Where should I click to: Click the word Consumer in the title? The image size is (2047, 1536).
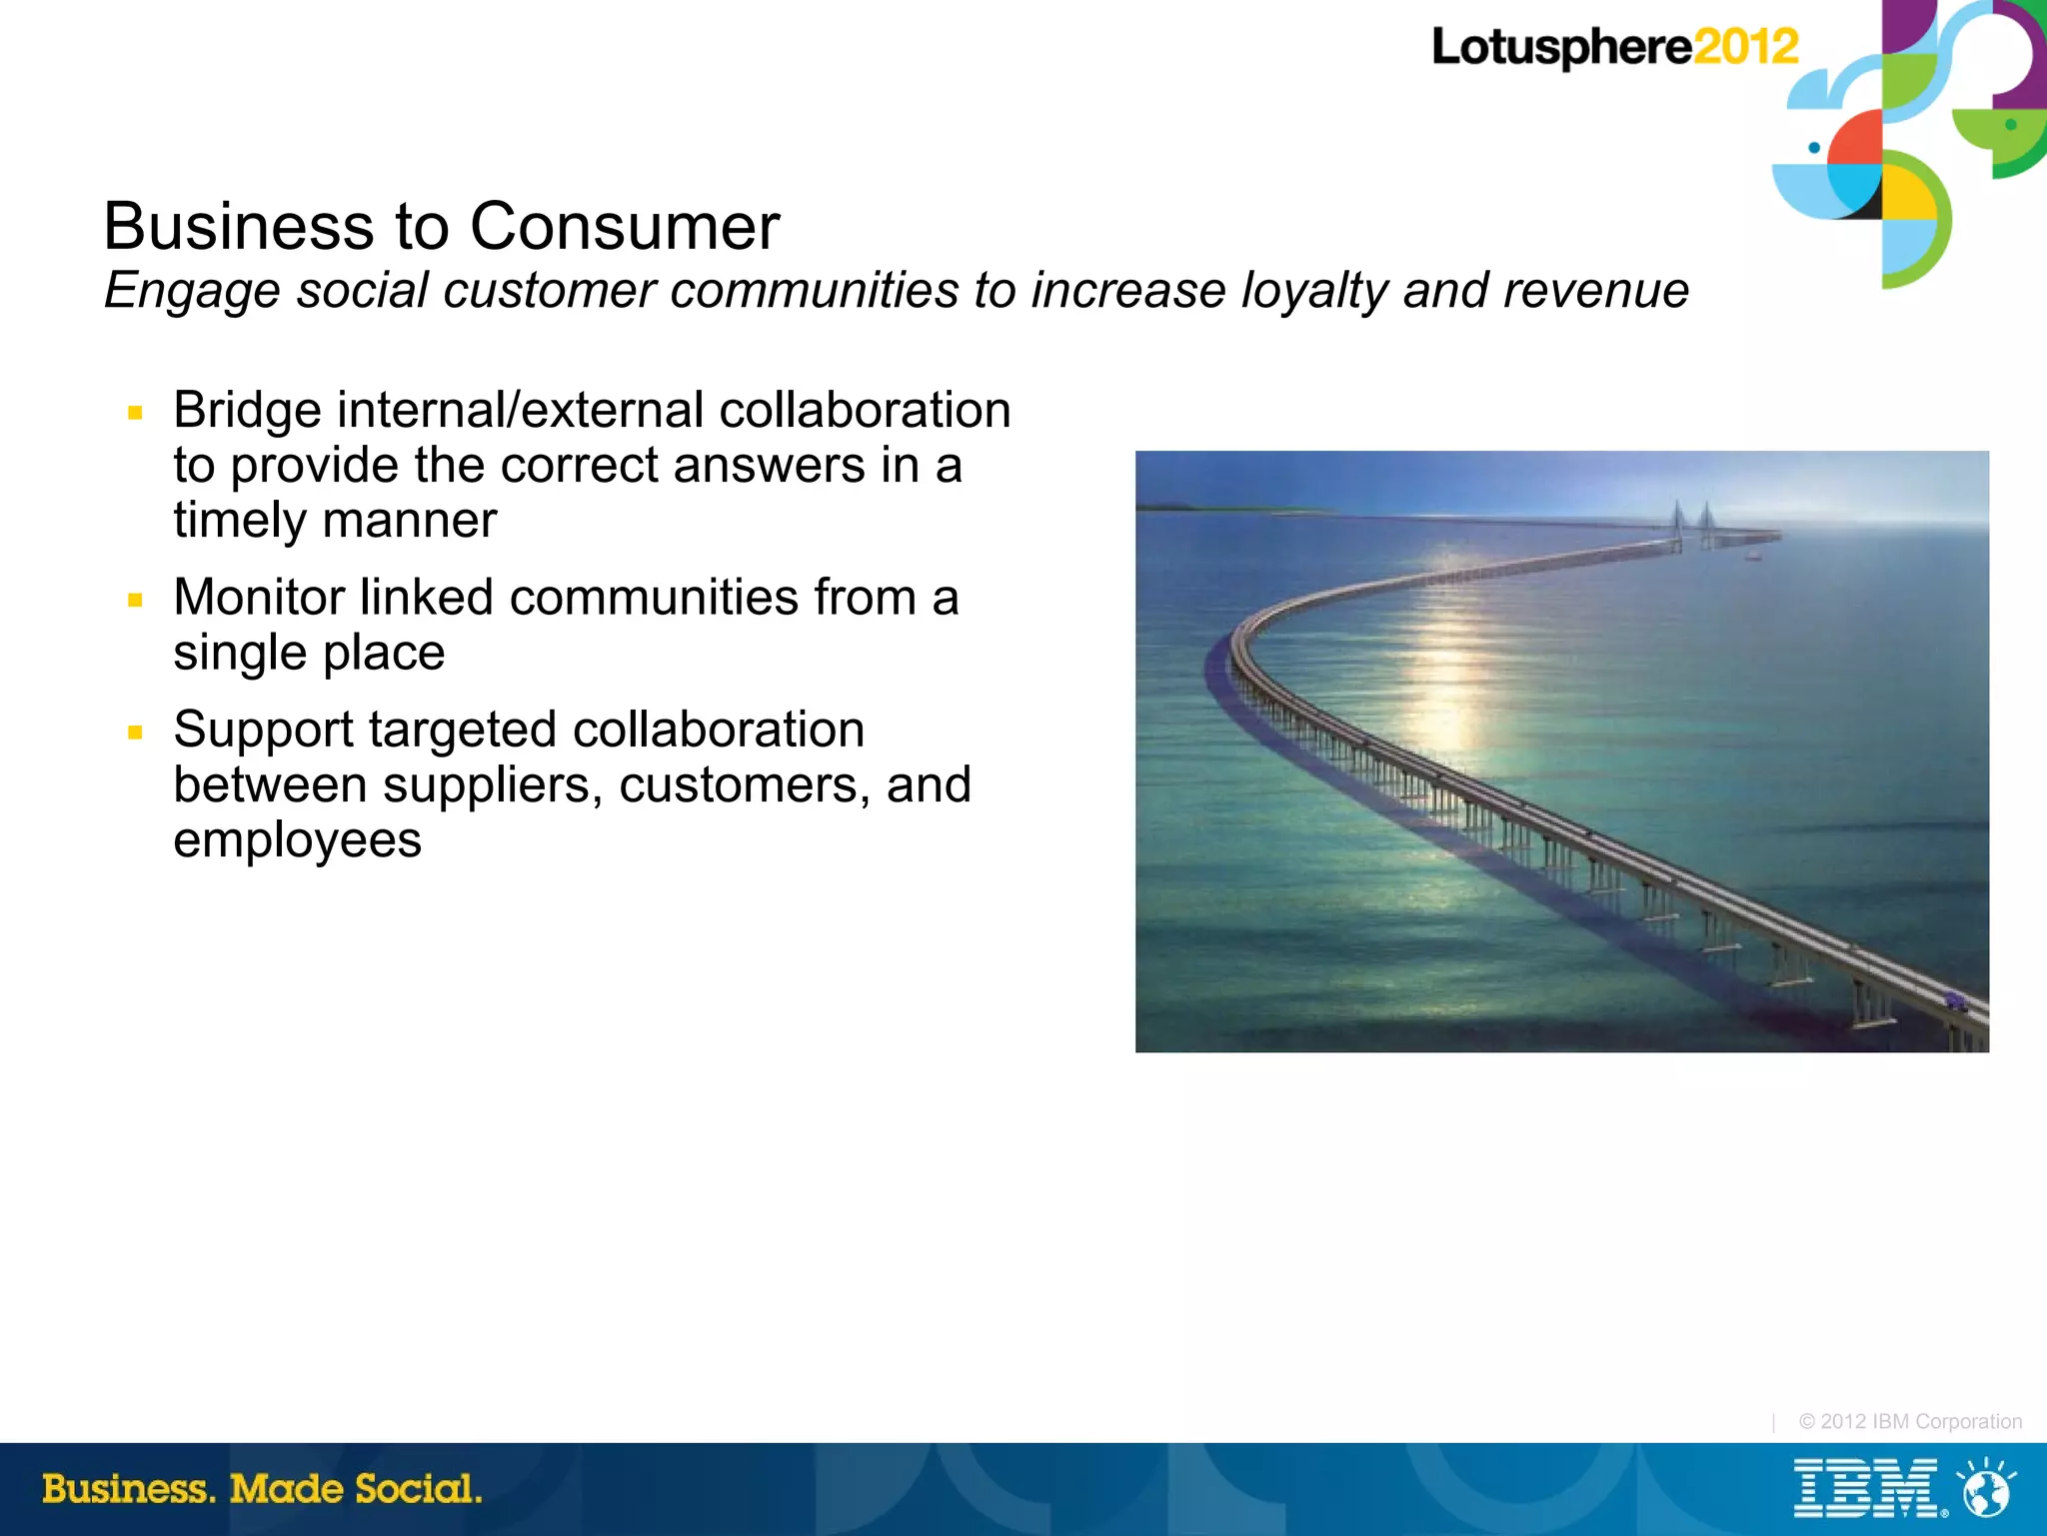[x=625, y=227]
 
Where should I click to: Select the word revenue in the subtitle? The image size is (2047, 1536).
[x=1595, y=291]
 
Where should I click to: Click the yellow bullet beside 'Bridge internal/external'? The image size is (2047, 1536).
[x=136, y=412]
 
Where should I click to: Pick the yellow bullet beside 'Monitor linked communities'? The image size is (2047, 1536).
[x=136, y=600]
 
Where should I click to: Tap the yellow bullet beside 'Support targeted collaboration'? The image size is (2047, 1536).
[x=136, y=732]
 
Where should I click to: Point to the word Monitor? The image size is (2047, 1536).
[x=258, y=598]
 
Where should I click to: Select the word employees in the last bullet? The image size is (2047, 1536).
[x=297, y=840]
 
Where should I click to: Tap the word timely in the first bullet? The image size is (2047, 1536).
[x=240, y=521]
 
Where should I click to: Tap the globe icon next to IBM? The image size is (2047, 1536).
[x=1986, y=1489]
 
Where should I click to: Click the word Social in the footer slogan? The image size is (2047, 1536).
[x=417, y=1489]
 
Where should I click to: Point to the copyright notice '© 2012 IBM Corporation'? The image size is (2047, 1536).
[x=1910, y=1421]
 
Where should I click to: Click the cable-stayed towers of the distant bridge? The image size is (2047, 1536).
[x=1692, y=522]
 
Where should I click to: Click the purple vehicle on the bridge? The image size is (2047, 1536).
[x=1954, y=1001]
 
